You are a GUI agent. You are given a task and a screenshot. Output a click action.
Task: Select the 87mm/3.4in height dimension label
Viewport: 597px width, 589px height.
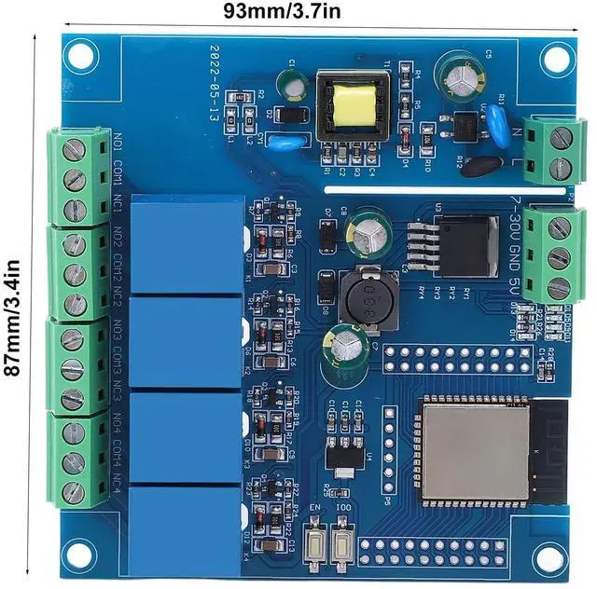coord(13,303)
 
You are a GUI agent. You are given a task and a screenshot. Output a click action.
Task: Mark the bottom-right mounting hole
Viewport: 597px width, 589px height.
coord(548,557)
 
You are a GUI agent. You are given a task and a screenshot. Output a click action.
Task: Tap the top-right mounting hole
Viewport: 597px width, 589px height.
coord(557,59)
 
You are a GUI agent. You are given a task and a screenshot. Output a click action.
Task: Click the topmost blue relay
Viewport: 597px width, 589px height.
coord(187,245)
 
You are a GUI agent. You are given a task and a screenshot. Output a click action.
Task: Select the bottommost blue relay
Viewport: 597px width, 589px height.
coord(187,522)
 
